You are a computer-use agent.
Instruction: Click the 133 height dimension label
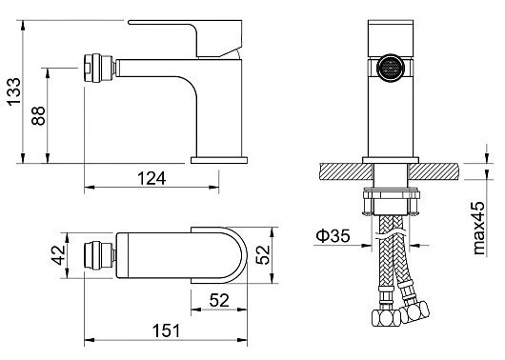click(14, 91)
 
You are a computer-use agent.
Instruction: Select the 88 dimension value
click(38, 115)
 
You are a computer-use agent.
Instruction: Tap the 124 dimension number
click(151, 178)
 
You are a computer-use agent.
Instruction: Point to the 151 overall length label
click(166, 330)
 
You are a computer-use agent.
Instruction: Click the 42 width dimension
click(59, 255)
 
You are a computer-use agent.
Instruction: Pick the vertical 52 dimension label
click(262, 254)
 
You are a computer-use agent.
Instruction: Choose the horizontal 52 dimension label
click(219, 300)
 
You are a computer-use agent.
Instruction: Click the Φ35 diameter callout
click(333, 235)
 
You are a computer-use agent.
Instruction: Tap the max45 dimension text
click(478, 228)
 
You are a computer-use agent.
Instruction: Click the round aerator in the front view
click(391, 69)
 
